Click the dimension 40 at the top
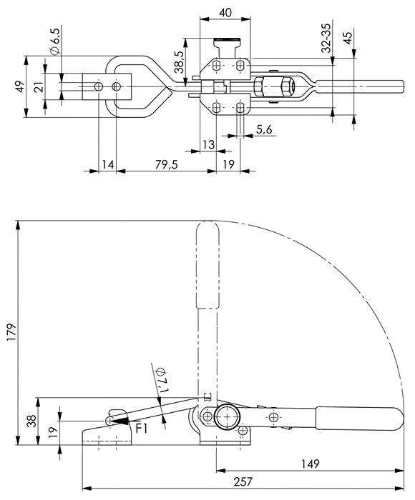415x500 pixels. tap(225, 12)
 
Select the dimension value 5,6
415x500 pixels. tap(264, 129)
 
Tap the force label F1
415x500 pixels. tap(142, 429)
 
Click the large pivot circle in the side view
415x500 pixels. tap(227, 416)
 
